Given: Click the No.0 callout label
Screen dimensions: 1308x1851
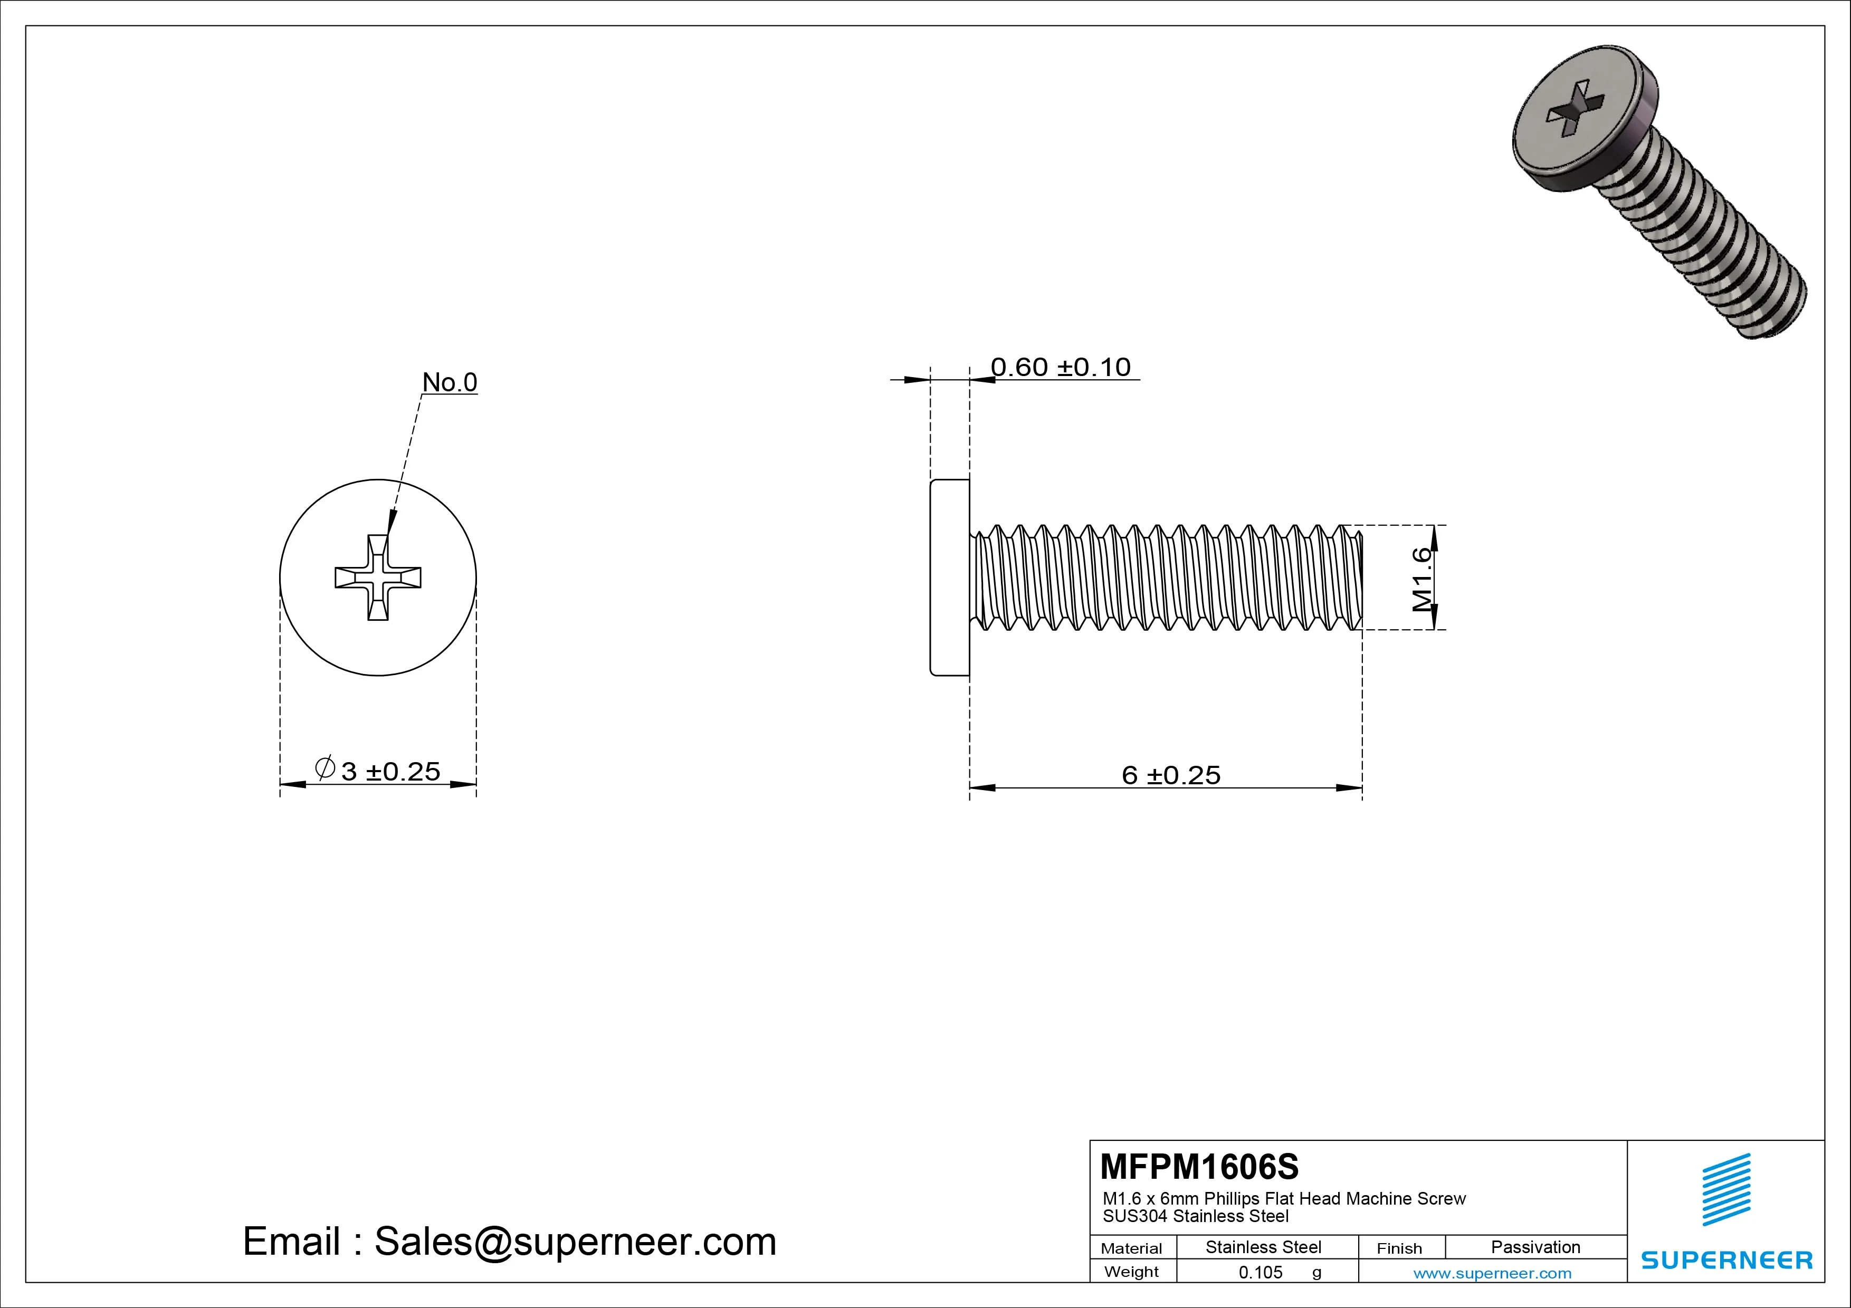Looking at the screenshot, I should point(450,382).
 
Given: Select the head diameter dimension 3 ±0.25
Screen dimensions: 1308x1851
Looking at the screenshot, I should point(390,771).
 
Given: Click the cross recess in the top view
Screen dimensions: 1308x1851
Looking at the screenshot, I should point(378,577).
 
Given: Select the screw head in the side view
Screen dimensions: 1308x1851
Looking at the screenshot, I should point(950,577).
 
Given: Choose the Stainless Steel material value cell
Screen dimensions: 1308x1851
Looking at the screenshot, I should point(1263,1247).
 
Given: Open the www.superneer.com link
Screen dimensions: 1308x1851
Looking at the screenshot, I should point(1492,1273).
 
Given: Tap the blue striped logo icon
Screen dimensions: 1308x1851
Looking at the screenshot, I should point(1726,1189).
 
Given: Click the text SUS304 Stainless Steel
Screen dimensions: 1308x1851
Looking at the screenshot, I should point(1196,1216).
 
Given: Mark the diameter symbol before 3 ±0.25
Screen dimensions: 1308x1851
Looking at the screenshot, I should point(325,768).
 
